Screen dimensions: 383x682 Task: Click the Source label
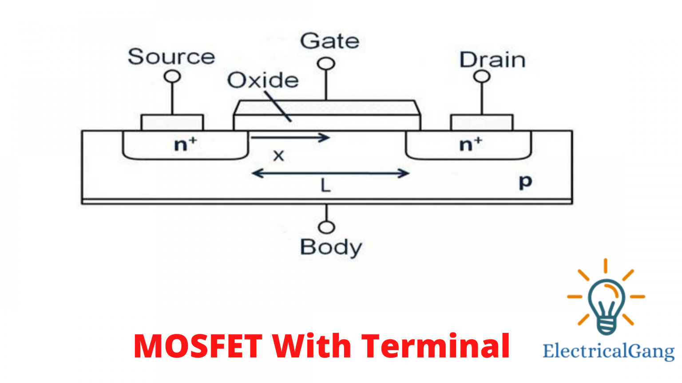click(171, 57)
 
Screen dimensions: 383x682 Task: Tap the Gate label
click(329, 41)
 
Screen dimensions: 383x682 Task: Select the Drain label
click(492, 60)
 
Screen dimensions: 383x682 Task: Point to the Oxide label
click(263, 80)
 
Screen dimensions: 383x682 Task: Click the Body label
click(331, 247)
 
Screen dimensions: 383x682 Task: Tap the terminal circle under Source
click(172, 77)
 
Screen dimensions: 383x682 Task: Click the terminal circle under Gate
click(326, 64)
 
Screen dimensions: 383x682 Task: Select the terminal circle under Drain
click(482, 77)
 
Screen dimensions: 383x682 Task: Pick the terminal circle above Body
click(327, 227)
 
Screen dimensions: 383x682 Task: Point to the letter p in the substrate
click(525, 181)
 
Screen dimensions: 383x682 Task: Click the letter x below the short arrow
click(278, 156)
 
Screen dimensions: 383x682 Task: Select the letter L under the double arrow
click(325, 185)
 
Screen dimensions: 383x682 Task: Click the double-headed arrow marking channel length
click(330, 173)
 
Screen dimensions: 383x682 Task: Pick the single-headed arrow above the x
click(290, 137)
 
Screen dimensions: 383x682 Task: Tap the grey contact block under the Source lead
click(172, 122)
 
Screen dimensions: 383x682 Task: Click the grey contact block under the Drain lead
click(482, 122)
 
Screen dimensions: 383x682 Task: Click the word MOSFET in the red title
click(198, 346)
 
